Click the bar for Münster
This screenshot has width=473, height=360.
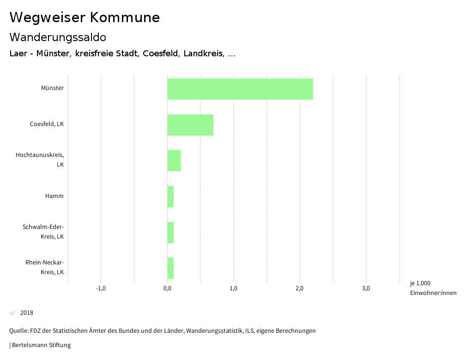(240, 89)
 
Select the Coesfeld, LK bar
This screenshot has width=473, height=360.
(190, 125)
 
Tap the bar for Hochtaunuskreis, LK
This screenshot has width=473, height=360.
(174, 161)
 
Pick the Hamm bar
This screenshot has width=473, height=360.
(170, 197)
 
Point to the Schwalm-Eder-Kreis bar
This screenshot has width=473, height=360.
(170, 233)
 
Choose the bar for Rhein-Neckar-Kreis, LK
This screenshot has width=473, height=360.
(170, 268)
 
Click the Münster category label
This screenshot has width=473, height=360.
(52, 88)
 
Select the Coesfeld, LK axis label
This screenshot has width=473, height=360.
(47, 124)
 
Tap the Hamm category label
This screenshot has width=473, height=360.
(54, 196)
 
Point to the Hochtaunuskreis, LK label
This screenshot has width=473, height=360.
(40, 160)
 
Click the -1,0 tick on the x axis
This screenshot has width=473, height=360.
(101, 289)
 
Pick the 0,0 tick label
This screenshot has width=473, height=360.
(167, 289)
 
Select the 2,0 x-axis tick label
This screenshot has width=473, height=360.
(299, 289)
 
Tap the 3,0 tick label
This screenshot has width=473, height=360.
(366, 289)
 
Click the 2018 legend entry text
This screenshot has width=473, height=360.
(27, 313)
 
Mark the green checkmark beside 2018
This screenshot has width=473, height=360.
(12, 313)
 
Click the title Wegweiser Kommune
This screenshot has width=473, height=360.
(85, 18)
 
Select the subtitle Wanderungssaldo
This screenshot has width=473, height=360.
(58, 37)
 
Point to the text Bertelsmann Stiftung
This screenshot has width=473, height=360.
(41, 345)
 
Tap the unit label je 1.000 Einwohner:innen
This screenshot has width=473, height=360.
(433, 288)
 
